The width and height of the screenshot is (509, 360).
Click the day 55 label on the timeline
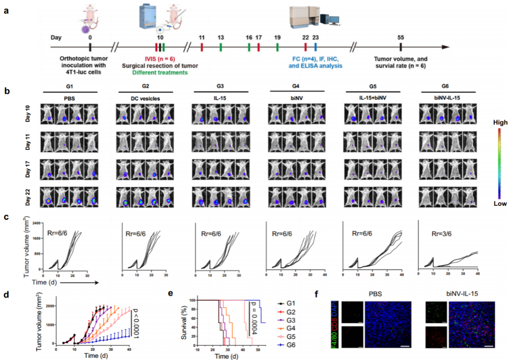[x=400, y=38]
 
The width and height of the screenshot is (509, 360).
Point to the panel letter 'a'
[x=6, y=11]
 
